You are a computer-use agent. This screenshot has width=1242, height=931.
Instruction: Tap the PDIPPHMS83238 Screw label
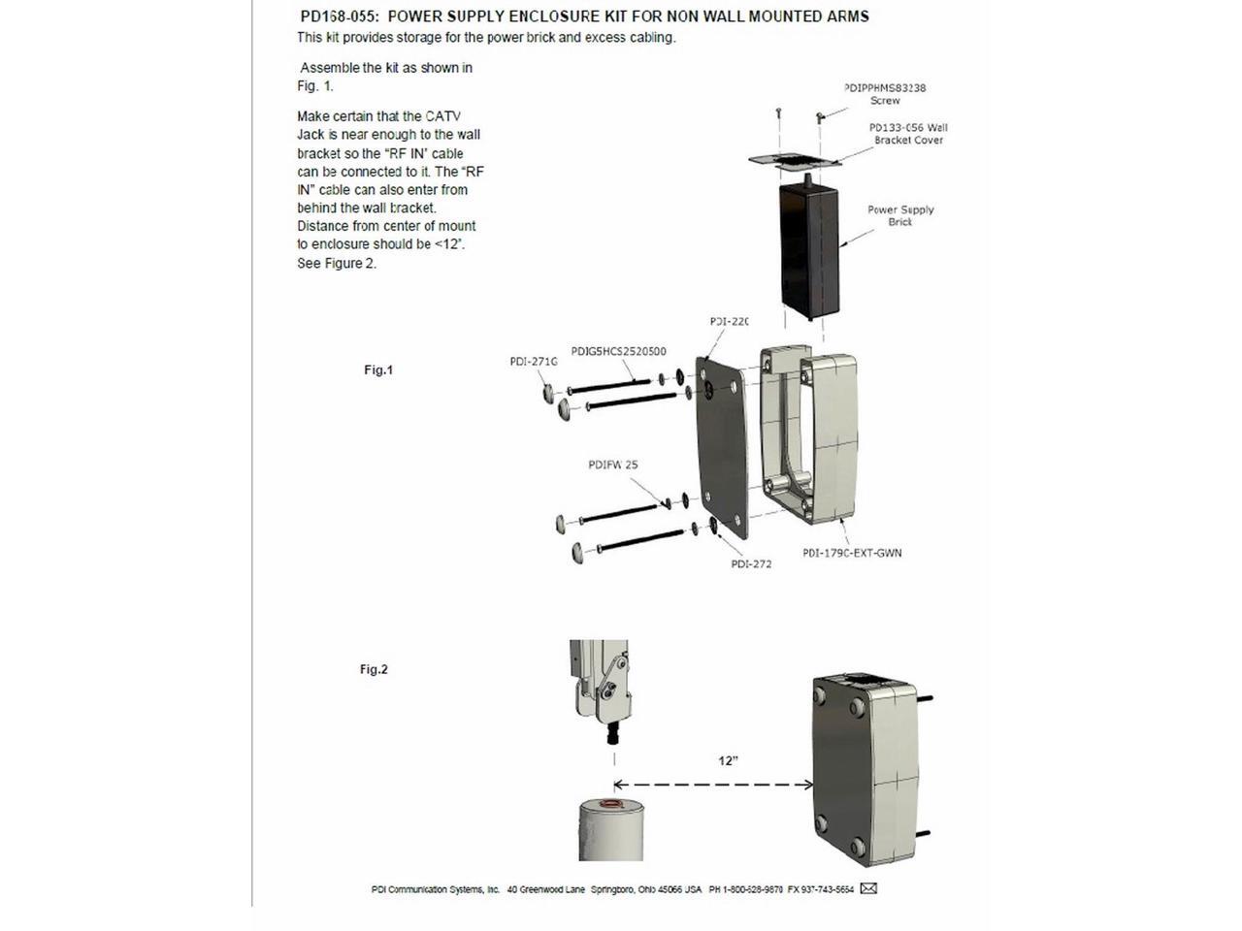pos(885,94)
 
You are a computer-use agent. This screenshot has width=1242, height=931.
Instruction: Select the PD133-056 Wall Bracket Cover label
pos(908,134)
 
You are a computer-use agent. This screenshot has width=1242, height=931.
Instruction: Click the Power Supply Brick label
pos(900,215)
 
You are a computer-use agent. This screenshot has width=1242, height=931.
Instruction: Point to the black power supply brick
pos(807,252)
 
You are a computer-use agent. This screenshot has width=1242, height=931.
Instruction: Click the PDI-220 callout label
pos(729,321)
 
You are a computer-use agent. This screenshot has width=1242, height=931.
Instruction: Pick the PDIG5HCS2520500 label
pos(618,351)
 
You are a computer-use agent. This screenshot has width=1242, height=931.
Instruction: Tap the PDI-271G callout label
pos(534,362)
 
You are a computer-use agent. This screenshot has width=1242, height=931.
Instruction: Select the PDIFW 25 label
pos(612,465)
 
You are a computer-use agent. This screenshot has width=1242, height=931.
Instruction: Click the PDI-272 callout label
pos(751,563)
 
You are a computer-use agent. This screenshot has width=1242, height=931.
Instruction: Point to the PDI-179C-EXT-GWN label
pos(852,553)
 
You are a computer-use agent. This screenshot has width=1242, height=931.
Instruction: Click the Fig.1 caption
pos(378,369)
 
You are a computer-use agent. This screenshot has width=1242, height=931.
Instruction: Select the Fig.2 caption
pos(374,669)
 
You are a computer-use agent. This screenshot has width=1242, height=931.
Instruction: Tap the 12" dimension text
pos(728,761)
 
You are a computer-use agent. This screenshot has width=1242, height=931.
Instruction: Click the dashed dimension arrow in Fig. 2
pos(714,785)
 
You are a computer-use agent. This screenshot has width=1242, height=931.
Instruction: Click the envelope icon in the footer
pos(868,888)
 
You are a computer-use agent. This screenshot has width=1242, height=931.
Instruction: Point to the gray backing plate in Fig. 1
pos(722,446)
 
